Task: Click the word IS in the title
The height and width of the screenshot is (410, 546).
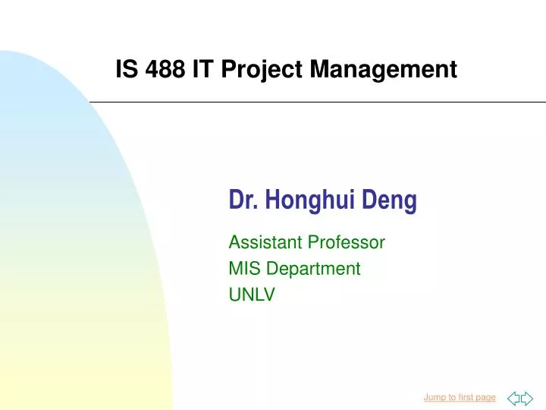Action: (124, 70)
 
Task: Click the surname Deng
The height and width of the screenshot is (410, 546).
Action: (389, 201)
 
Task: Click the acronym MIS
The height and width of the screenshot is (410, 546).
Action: (243, 269)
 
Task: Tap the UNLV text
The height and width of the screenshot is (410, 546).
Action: (251, 295)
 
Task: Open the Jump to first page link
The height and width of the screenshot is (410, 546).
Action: (459, 397)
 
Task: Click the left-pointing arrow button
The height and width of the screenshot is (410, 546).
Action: (513, 397)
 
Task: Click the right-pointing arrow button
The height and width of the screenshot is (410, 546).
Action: (527, 397)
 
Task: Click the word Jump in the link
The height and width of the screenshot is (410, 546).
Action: (435, 397)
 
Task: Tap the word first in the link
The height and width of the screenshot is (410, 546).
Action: (465, 397)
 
